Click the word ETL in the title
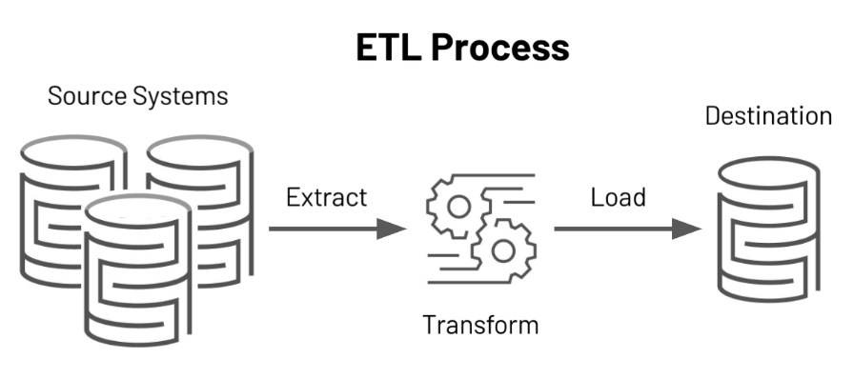point(391,47)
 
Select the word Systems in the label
point(180,96)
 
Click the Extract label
point(327,198)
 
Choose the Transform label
point(480,325)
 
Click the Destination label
point(768,116)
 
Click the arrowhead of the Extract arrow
point(393,229)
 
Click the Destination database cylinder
point(767,238)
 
